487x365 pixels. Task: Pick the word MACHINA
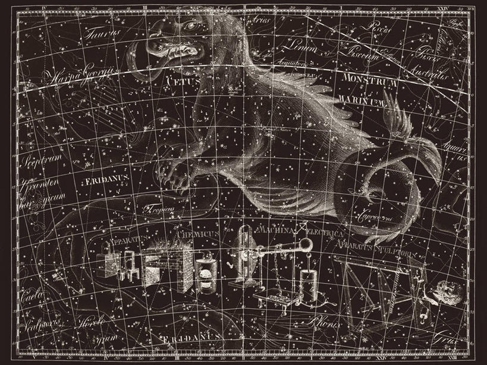[275, 229]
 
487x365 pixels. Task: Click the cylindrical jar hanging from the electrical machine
[308, 284]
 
